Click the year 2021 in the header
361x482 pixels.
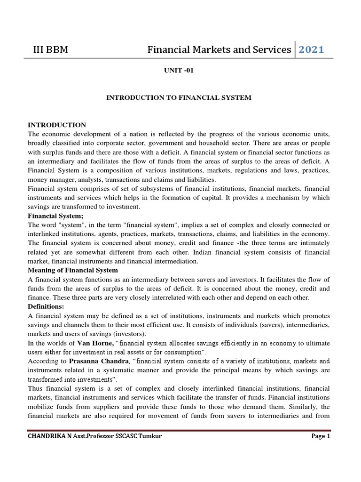click(312, 49)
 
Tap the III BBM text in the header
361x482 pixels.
click(49, 49)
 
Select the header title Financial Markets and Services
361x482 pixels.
click(219, 49)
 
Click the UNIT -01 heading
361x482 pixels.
click(178, 70)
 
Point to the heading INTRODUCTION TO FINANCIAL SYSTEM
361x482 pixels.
click(179, 97)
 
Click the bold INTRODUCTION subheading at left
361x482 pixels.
click(57, 125)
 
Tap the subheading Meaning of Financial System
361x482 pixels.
click(73, 270)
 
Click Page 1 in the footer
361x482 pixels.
click(321, 436)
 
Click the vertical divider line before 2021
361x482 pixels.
click(295, 49)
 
